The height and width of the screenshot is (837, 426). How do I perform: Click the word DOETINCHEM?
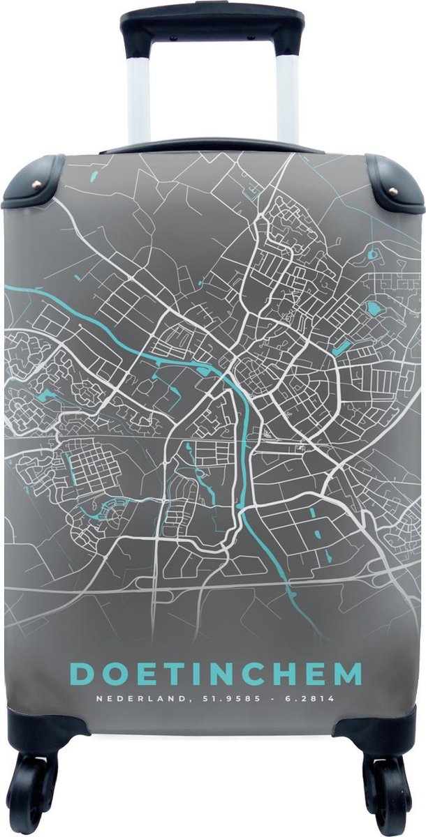216,675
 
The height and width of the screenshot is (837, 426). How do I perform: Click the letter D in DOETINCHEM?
84,675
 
